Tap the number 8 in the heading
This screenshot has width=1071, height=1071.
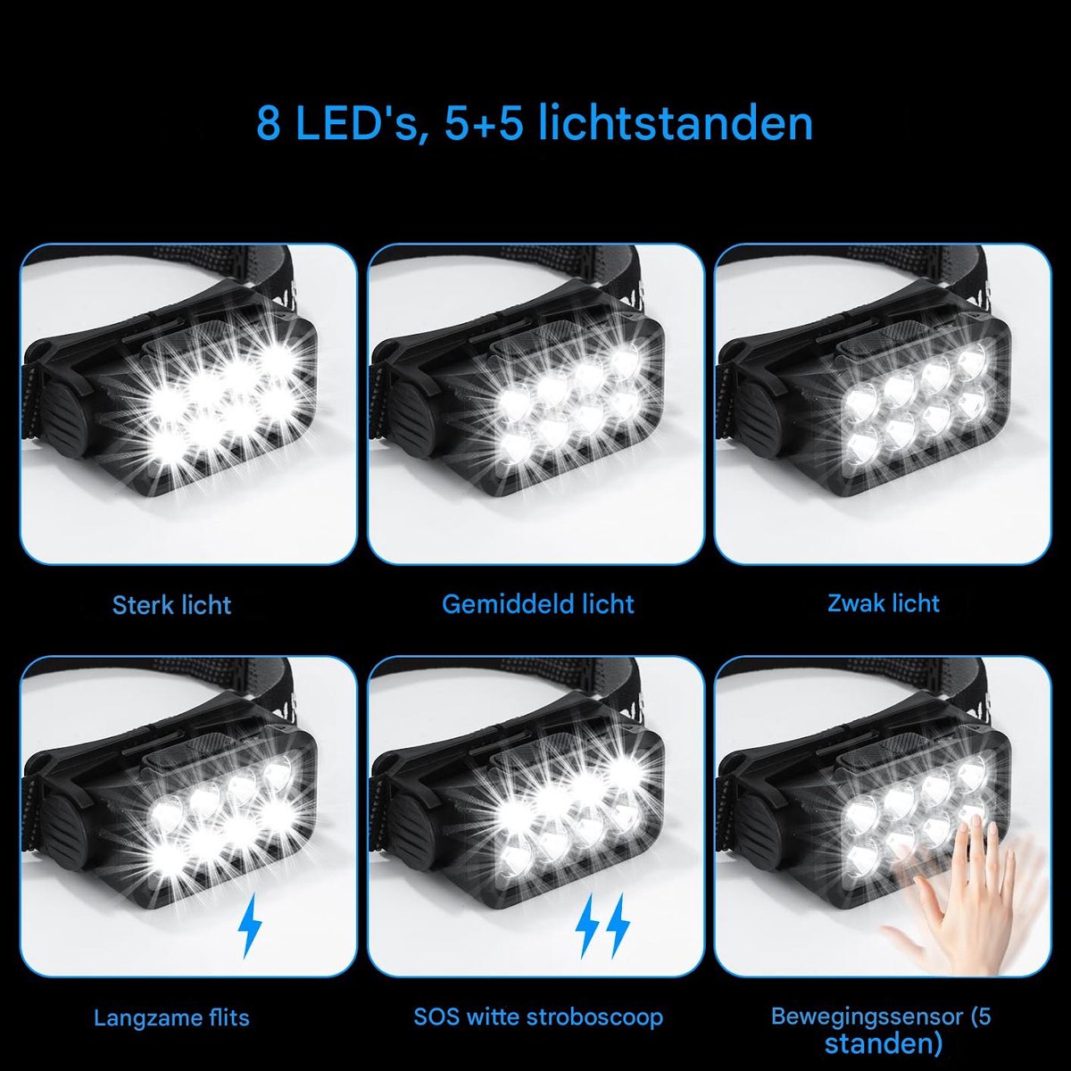click(269, 124)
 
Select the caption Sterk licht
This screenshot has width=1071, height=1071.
click(171, 605)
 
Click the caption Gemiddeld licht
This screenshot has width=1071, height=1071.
click(538, 604)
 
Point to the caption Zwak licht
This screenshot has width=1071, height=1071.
click(884, 603)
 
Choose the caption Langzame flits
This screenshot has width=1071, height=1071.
click(171, 1017)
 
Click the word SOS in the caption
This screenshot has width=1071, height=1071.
click(436, 1017)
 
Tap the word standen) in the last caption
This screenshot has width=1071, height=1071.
click(884, 1043)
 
